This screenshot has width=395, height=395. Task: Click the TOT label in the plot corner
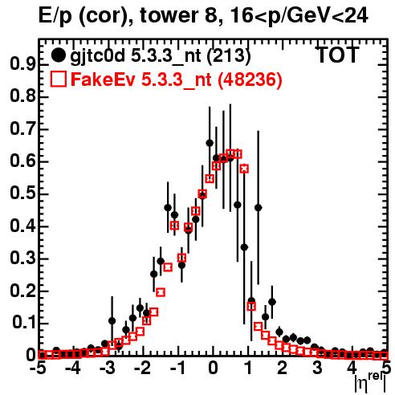coord(337,55)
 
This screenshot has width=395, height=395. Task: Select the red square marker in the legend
coord(58,79)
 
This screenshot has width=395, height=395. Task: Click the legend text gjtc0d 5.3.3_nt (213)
coord(161,56)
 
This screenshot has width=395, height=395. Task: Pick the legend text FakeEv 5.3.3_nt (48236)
coord(177,79)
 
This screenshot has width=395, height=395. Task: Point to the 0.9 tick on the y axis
coord(22,64)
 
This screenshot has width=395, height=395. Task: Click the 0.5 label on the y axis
coord(22,194)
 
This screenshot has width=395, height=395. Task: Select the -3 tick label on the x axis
coord(108,369)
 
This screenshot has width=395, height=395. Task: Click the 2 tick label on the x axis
coord(282,369)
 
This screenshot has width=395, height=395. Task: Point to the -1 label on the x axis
coord(177,369)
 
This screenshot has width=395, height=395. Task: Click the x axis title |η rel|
coord(370,383)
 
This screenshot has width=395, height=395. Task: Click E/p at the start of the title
coord(55,17)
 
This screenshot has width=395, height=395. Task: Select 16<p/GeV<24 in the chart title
coord(299,17)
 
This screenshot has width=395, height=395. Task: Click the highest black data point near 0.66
coord(210,143)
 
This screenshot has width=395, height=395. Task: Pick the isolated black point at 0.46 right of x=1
coord(258,207)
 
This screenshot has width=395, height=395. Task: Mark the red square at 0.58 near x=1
coord(244,169)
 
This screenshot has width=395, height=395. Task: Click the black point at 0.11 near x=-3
coord(112,320)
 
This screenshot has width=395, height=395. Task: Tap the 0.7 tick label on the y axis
coord(22,129)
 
